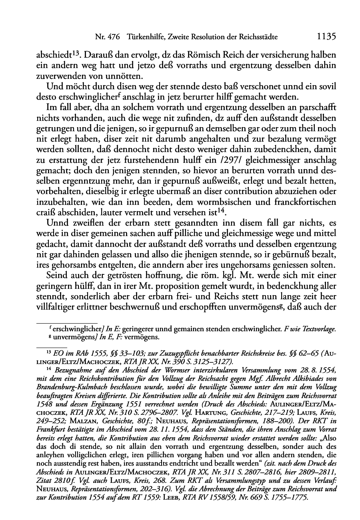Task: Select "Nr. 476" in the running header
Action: [x=108, y=37]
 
